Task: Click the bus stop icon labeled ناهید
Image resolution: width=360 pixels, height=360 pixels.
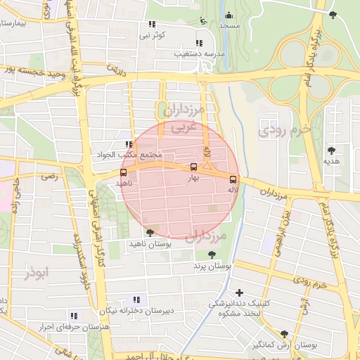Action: click(124, 172)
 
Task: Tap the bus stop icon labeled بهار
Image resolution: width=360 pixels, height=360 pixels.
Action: click(193, 167)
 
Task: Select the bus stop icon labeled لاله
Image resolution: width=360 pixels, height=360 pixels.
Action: click(233, 179)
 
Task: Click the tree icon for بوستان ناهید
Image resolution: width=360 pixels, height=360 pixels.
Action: click(149, 232)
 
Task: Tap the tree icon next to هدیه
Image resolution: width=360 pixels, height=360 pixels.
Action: click(330, 150)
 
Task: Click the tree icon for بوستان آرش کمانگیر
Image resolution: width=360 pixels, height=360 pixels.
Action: click(284, 334)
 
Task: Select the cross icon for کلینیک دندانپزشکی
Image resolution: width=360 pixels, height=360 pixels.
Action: click(240, 292)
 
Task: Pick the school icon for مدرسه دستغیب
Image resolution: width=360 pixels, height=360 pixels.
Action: click(200, 41)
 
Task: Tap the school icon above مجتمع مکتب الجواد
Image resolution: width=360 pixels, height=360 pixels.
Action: click(128, 144)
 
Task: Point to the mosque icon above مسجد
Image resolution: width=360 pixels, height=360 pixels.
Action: click(228, 14)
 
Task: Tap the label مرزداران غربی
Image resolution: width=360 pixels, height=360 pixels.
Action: click(187, 119)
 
